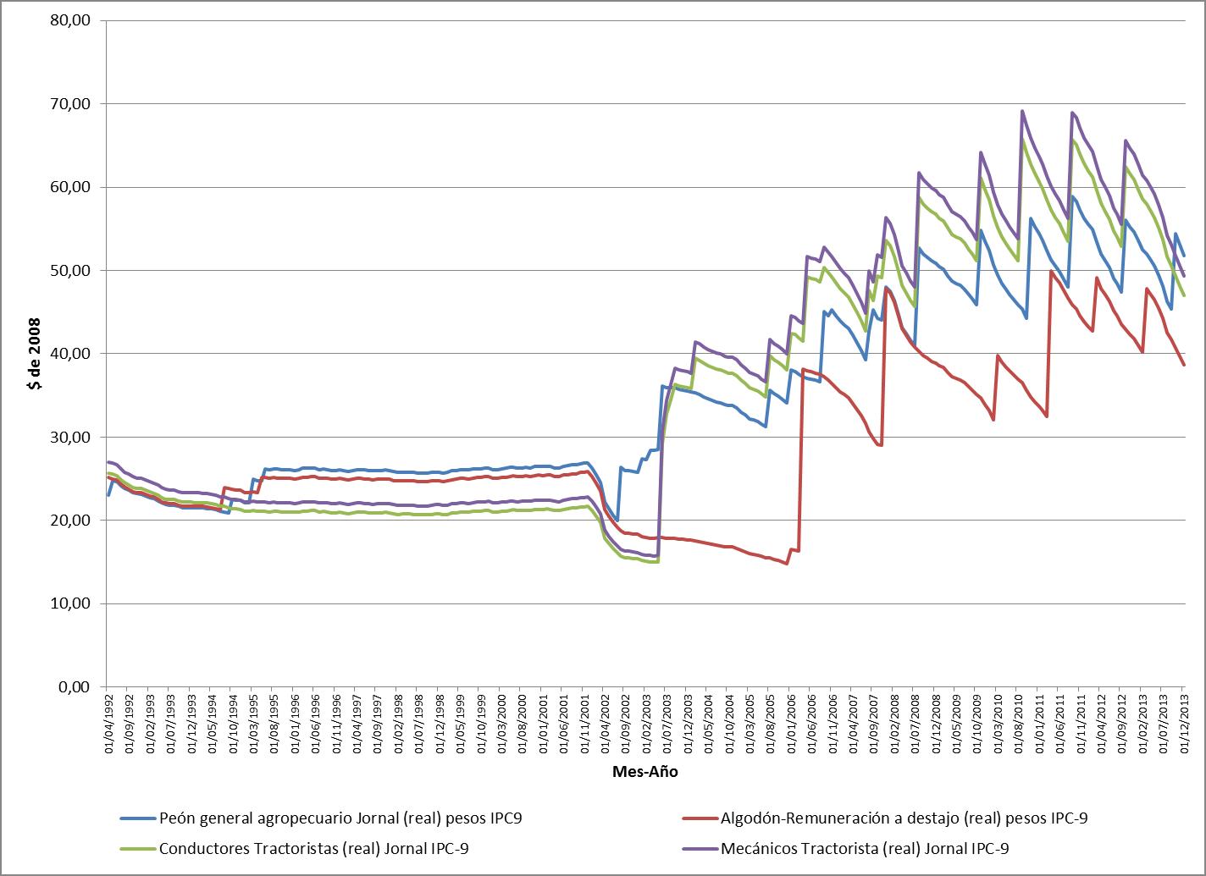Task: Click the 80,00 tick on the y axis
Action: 71,20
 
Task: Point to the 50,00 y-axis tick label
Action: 71,270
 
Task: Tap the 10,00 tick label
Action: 71,603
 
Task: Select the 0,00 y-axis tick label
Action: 75,686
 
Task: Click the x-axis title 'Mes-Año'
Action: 645,772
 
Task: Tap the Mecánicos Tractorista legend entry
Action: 864,847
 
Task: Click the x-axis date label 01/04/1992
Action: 108,722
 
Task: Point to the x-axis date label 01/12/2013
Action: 1183,722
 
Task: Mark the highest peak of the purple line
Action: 1022,111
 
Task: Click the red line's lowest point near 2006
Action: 787,564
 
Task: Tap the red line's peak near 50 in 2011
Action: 1051,272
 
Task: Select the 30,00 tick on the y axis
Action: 71,437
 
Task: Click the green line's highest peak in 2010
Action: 1023,140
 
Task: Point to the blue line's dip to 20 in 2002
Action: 617,520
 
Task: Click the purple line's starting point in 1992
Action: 108,462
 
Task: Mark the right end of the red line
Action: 1184,365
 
